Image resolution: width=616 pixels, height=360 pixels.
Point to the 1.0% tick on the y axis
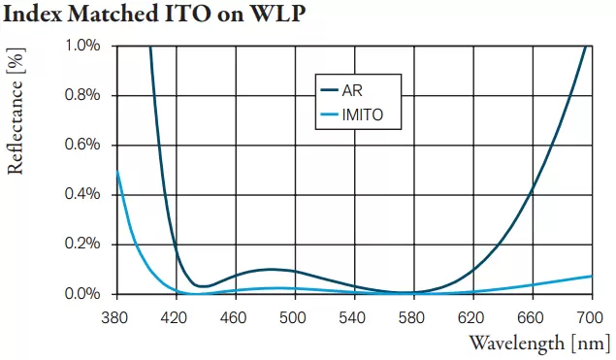pyautogui.click(x=82, y=46)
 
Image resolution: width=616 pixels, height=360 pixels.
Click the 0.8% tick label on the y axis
pyautogui.click(x=82, y=95)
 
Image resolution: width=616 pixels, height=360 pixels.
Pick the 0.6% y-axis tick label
pyautogui.click(x=82, y=145)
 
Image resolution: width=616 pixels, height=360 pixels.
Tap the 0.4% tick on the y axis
pyautogui.click(x=82, y=194)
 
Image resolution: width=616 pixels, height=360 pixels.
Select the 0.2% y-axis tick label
pyautogui.click(x=82, y=244)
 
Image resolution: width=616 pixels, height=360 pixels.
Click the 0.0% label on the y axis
pyautogui.click(x=82, y=293)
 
